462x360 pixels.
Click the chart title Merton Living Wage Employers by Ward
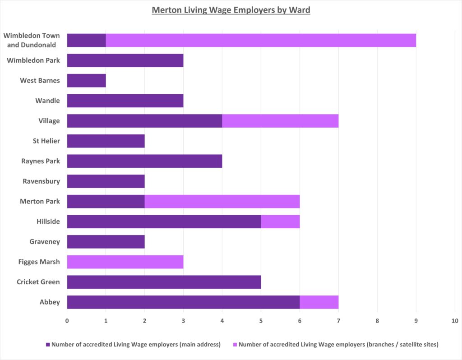click(231, 10)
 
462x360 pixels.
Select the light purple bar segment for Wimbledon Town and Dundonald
click(261, 40)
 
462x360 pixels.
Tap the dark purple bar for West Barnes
click(86, 80)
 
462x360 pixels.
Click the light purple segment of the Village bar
click(280, 121)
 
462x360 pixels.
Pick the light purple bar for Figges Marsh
click(125, 262)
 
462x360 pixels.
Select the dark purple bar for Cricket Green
click(164, 282)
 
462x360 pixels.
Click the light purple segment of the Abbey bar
click(319, 302)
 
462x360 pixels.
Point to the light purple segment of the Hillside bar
click(280, 222)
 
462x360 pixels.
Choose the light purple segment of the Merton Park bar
click(222, 201)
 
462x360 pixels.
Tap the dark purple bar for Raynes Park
click(144, 161)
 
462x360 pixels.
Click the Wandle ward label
click(47, 101)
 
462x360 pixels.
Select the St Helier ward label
click(44, 141)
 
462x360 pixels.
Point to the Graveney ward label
click(44, 241)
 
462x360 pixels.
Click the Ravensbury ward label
click(41, 181)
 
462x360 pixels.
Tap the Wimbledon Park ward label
click(33, 60)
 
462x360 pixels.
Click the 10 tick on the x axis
click(454, 321)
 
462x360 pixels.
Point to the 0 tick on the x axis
click(67, 321)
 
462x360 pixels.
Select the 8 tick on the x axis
click(377, 321)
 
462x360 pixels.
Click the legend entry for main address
click(133, 345)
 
